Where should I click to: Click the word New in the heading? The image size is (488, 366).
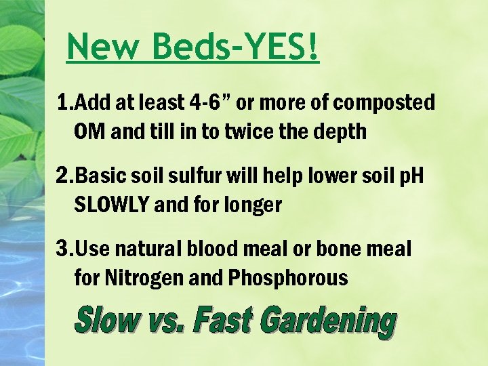click(104, 47)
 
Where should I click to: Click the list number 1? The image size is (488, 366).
click(64, 103)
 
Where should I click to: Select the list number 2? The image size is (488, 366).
click(64, 177)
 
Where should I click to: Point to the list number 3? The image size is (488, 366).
click(64, 249)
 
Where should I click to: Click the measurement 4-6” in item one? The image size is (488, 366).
click(207, 103)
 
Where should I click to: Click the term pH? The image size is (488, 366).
click(409, 177)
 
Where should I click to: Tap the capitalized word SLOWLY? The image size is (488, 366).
click(111, 205)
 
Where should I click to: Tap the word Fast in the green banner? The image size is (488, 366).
click(222, 321)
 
